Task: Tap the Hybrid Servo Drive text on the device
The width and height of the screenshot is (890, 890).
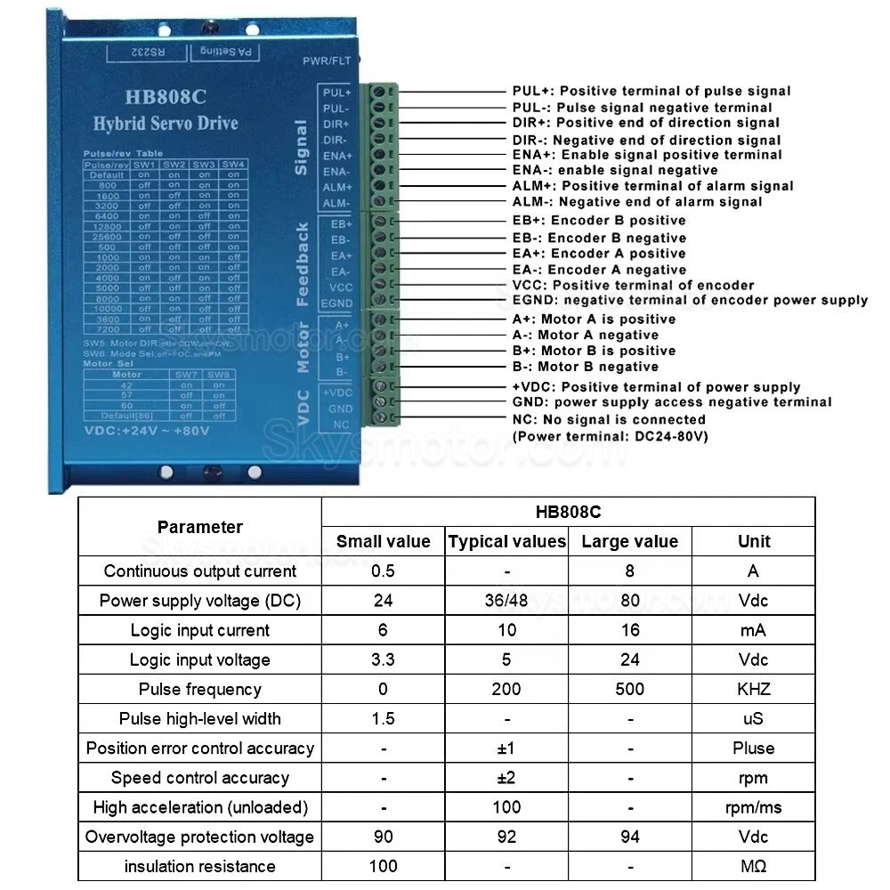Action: point(166,124)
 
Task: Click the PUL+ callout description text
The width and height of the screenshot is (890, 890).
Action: point(651,91)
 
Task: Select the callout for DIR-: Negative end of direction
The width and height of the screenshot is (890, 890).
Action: point(646,140)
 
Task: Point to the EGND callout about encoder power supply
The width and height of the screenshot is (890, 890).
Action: point(690,300)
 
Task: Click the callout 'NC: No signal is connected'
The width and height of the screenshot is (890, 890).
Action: point(609,419)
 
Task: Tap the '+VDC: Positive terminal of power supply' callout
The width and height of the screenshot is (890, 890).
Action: point(656,387)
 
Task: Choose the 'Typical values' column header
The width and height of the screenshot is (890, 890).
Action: point(506,541)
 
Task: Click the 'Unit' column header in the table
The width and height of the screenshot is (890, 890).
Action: point(754,541)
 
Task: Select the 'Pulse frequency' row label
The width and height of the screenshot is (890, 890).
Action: point(199,689)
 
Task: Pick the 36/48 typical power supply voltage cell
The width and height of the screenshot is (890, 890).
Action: point(506,601)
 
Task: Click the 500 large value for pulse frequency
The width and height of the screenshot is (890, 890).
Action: point(630,689)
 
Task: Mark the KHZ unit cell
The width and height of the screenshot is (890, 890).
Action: point(754,689)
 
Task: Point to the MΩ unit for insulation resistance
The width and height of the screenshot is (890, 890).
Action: point(754,866)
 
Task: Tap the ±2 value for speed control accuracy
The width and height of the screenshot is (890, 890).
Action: point(506,778)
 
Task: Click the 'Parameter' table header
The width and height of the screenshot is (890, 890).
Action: point(199,527)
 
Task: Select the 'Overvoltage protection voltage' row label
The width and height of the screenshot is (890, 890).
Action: point(199,837)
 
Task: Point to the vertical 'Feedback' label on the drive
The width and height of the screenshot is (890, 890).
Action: point(303,264)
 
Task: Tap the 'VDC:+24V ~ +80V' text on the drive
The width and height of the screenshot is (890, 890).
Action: point(147,432)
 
